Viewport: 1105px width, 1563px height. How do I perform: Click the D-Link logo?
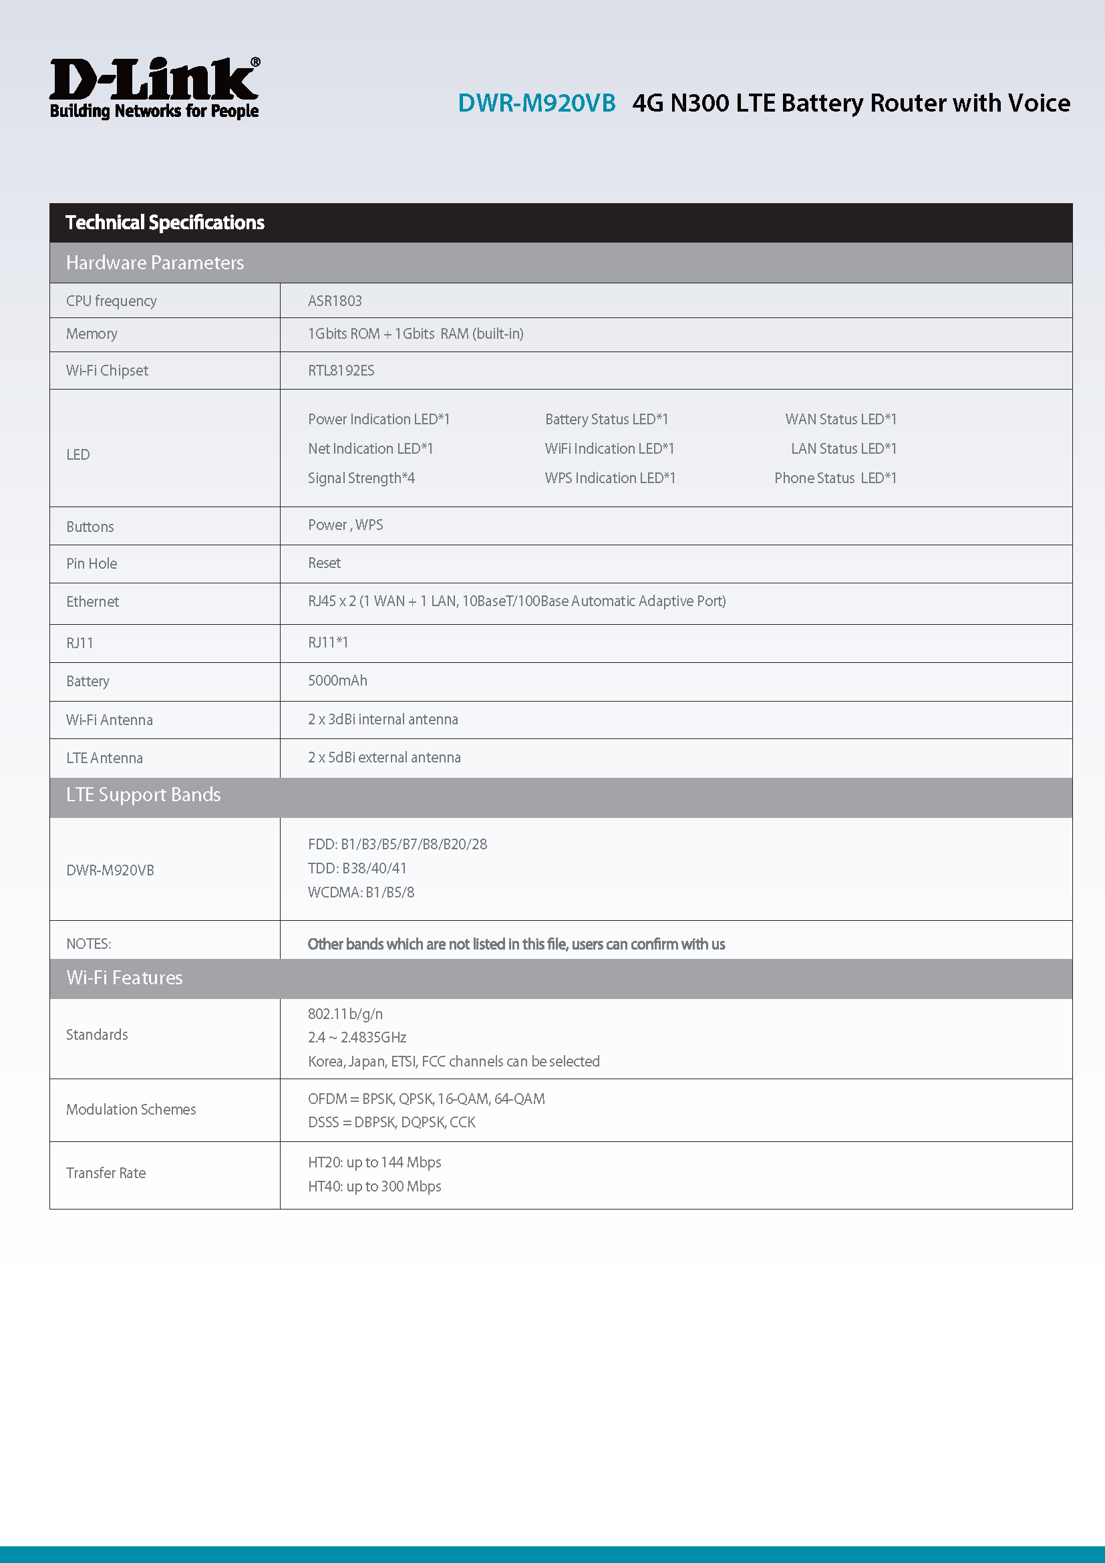coord(154,88)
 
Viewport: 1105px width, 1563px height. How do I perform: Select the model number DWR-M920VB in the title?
coord(536,104)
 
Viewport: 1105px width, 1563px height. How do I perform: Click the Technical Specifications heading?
coord(164,223)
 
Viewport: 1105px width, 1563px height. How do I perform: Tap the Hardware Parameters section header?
coord(154,263)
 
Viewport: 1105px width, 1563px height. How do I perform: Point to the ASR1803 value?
coord(335,301)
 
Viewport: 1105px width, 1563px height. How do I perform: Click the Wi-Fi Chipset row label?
coord(107,370)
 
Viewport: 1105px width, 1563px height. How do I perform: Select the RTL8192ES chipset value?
coord(341,370)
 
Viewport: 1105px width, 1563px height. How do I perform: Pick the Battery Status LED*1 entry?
coord(606,420)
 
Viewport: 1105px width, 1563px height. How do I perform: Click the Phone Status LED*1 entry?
coord(835,478)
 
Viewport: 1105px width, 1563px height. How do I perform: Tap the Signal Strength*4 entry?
coord(361,478)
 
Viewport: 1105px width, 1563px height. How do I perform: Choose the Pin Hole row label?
coord(91,564)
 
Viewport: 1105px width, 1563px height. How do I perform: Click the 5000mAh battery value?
coord(337,681)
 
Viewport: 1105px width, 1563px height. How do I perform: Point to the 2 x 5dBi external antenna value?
coord(383,758)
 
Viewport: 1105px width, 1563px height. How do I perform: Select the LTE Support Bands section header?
coord(143,795)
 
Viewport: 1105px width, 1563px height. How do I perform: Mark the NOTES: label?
coord(88,944)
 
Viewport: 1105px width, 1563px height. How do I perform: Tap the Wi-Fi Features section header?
coord(124,978)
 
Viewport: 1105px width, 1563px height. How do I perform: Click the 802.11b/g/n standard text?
coord(345,1014)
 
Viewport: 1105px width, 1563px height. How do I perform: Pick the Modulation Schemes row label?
coord(131,1110)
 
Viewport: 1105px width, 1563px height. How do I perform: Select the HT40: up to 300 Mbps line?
coord(374,1187)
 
